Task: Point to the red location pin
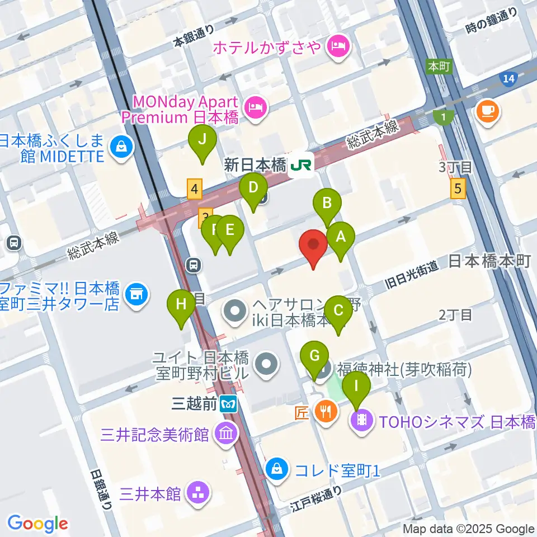pos(313,246)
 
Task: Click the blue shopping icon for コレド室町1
pos(277,468)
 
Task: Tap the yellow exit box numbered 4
pos(194,189)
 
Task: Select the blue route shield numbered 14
pos(508,79)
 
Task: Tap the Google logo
pos(37,523)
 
